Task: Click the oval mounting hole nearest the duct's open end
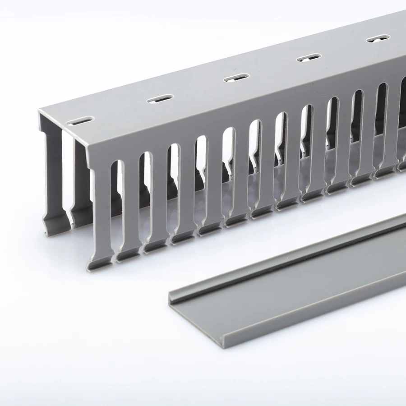(80, 121)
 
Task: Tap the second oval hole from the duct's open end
(160, 98)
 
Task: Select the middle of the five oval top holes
(236, 77)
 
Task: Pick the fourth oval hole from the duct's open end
(309, 57)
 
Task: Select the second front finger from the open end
(130, 203)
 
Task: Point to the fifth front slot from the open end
(227, 167)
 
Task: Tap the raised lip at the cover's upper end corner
(171, 296)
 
